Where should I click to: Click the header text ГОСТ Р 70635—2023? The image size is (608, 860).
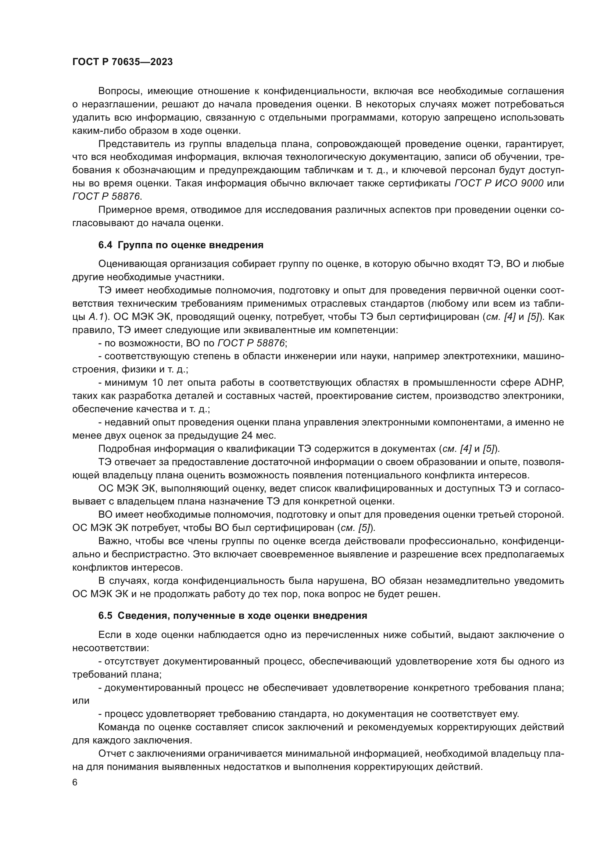coord(122,62)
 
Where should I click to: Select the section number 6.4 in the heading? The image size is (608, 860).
coord(105,245)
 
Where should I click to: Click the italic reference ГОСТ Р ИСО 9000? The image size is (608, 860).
coord(499,183)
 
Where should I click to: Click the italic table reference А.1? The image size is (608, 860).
coord(96,317)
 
